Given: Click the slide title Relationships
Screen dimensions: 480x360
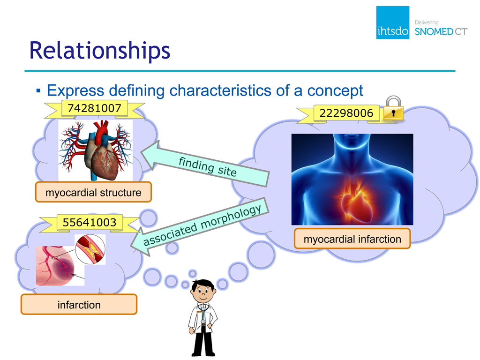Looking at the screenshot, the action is point(99,51).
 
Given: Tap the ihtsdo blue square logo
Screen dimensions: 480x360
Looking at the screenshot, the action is point(393,22).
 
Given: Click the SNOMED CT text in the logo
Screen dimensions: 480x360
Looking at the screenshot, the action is point(441,31).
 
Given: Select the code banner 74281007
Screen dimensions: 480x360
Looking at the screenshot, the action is point(95,108).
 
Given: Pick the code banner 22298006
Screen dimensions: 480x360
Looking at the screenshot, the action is point(346,113).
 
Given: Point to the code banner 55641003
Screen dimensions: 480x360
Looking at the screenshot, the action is point(90,222).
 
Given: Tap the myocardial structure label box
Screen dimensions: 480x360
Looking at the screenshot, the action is point(93,192).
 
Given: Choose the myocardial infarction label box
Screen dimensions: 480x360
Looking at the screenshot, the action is point(352,239).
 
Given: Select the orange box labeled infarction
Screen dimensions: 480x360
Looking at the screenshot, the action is point(79,305).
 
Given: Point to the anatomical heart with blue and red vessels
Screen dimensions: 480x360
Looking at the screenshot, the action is point(96,150).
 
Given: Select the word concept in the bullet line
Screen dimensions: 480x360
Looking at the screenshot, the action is point(335,90).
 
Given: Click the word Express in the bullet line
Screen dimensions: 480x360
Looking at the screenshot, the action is point(75,91).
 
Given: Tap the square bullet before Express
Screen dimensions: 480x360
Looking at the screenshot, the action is point(38,90).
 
